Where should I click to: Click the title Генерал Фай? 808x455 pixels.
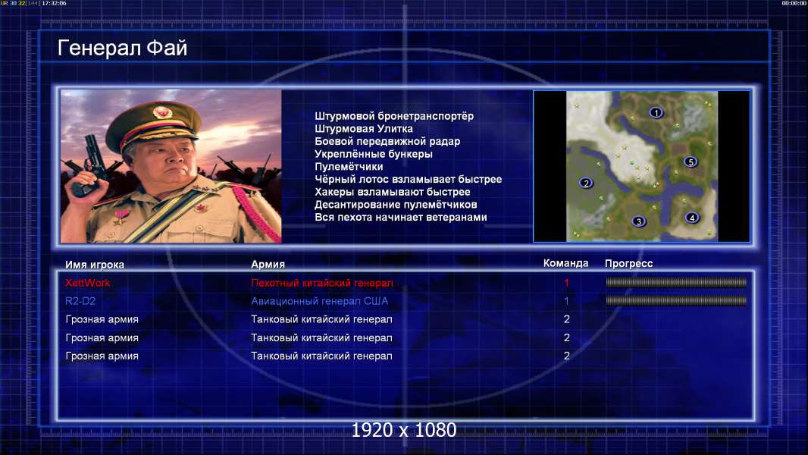coord(122,48)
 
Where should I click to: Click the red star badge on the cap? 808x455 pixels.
coord(161,111)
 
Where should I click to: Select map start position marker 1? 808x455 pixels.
coord(656,112)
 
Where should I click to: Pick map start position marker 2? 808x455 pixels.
coord(586,183)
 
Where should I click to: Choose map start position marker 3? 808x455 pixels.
coord(638,221)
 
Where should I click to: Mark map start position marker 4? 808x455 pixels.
coord(692,218)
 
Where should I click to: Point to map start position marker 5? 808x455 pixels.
coord(691,162)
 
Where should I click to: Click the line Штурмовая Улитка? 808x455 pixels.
coord(364,129)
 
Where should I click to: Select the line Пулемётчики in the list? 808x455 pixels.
coord(349,166)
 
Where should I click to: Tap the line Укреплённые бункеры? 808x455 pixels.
coord(374,154)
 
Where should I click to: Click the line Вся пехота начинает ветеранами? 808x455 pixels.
coord(401,217)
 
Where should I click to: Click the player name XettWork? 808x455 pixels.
coord(88,282)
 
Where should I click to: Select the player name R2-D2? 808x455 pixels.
coord(80,301)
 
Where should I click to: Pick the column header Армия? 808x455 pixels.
coord(268,264)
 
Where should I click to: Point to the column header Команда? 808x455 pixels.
coord(565,263)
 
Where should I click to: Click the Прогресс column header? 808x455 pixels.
coord(628,263)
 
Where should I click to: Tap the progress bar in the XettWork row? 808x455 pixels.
coord(676,282)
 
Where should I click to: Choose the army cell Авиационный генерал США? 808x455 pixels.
coord(320,301)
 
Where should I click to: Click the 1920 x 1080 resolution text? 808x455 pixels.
coord(404,430)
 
